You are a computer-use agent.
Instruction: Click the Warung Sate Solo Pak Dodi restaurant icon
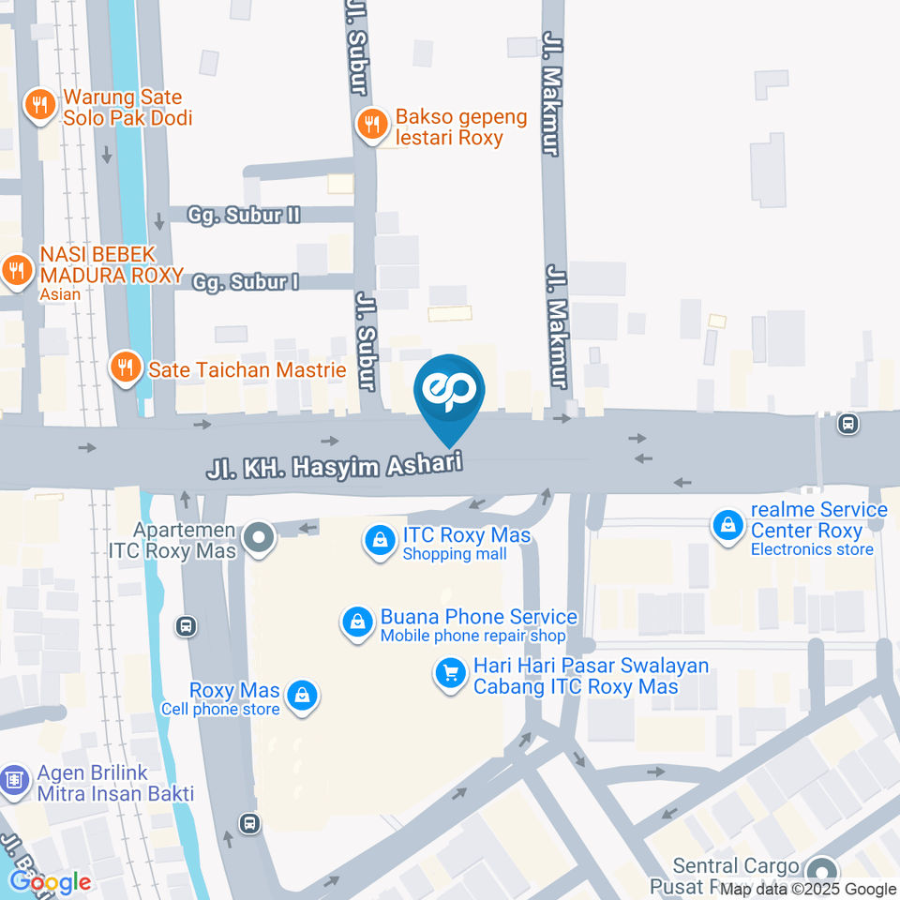[39, 105]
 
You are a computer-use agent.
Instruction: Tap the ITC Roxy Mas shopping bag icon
[380, 541]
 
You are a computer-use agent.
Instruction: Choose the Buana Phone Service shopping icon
[357, 622]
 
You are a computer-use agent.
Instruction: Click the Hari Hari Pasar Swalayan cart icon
[451, 672]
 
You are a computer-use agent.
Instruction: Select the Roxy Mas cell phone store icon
[303, 697]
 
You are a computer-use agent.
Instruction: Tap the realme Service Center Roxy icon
[727, 525]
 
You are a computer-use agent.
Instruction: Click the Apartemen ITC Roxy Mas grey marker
[259, 538]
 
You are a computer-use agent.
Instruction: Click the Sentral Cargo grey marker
[821, 871]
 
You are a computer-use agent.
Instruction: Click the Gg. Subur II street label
[243, 215]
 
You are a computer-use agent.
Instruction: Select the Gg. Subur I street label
[245, 281]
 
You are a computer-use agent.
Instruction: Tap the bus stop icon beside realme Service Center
[848, 424]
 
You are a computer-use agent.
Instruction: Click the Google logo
[50, 881]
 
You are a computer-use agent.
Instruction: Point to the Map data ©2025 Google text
[808, 890]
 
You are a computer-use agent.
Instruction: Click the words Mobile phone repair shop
[472, 636]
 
